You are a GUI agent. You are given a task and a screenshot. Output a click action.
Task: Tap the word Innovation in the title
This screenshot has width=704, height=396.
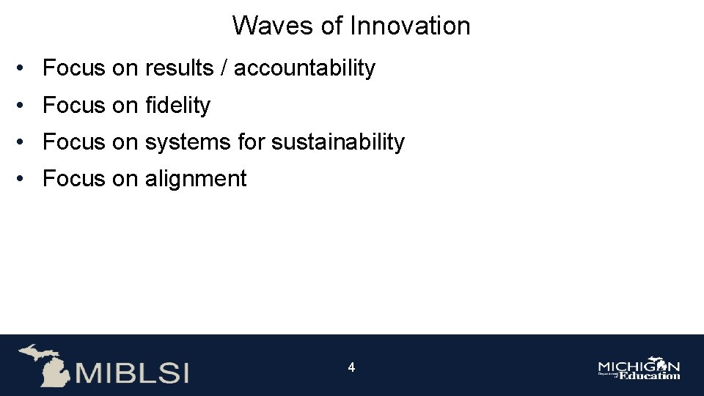pyautogui.click(x=410, y=26)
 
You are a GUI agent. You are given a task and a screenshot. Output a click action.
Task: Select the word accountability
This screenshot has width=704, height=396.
pyautogui.click(x=304, y=68)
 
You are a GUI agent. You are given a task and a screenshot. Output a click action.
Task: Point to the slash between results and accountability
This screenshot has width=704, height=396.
pyautogui.click(x=225, y=68)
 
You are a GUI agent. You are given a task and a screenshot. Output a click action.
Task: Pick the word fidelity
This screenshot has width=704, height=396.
pyautogui.click(x=177, y=106)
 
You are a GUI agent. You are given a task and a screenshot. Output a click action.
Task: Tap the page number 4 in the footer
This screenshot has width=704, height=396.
pyautogui.click(x=351, y=367)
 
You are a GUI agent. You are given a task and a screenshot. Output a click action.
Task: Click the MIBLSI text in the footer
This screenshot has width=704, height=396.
pyautogui.click(x=132, y=373)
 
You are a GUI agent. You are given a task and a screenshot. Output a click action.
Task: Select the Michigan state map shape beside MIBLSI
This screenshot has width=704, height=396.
pyautogui.click(x=44, y=364)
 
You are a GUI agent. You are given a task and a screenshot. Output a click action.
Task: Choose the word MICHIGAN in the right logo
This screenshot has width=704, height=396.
pyautogui.click(x=639, y=366)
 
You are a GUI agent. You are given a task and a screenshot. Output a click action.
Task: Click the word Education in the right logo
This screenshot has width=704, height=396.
pyautogui.click(x=650, y=375)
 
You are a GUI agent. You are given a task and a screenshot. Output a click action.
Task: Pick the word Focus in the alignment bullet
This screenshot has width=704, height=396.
pyautogui.click(x=74, y=178)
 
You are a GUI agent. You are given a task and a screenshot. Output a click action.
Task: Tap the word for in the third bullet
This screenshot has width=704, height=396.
pyautogui.click(x=252, y=142)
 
